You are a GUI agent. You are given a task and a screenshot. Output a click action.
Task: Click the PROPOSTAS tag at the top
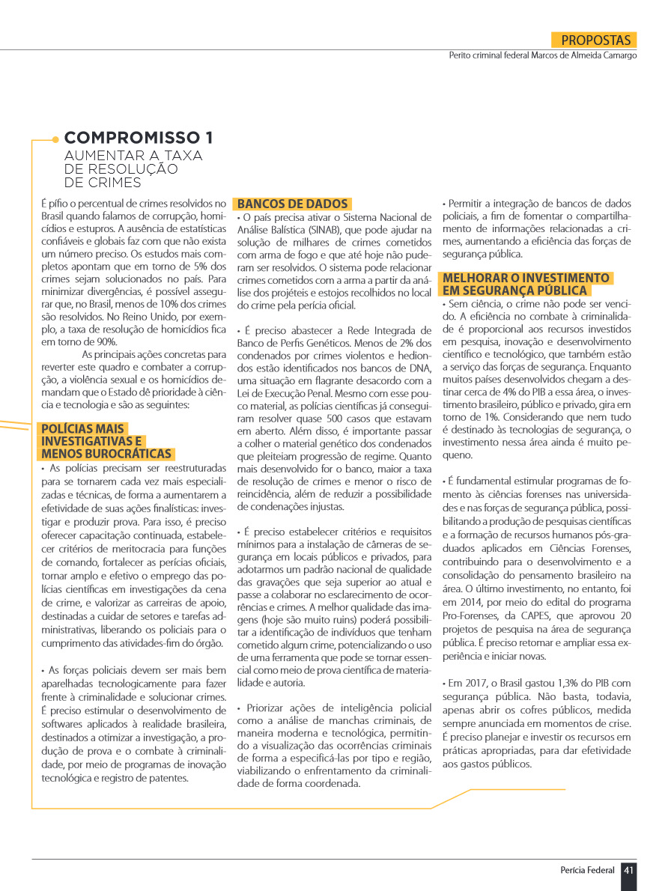pos(596,40)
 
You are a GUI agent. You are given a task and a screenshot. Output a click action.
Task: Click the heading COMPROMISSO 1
pos(139,138)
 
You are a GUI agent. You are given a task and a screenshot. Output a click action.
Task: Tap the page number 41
pos(629,870)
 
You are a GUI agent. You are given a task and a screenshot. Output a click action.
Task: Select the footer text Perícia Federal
pos(588,870)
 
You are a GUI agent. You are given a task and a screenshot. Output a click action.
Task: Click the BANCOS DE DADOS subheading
pos(293,204)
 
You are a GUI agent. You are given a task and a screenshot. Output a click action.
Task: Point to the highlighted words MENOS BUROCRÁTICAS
pos(107,454)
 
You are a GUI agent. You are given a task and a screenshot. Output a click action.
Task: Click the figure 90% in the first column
pos(107,341)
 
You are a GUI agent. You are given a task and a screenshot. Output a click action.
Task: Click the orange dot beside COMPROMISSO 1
pos(55,139)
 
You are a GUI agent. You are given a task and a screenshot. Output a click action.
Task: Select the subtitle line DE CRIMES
pos(103,182)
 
